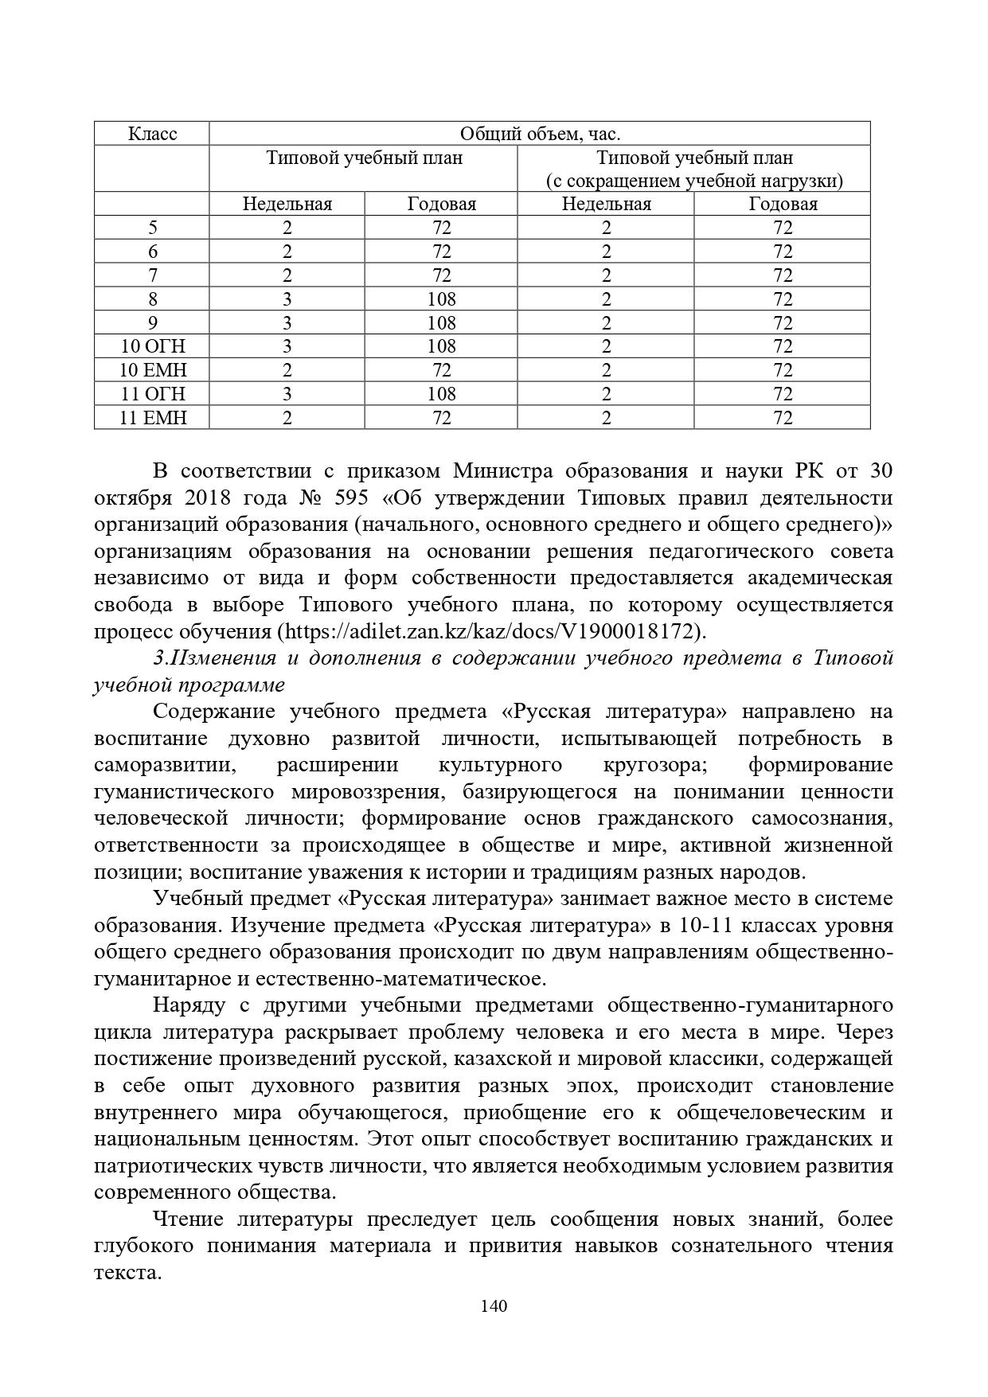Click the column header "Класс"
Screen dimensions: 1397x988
coord(152,134)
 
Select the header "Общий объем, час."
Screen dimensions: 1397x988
coord(540,134)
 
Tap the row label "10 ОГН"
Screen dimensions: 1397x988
coord(152,346)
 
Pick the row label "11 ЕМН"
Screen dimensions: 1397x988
coord(152,417)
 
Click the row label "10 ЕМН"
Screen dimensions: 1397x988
coord(152,370)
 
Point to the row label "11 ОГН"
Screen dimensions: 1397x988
coord(152,394)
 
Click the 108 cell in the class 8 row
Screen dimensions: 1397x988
coord(441,299)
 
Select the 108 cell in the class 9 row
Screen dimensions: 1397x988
coord(441,323)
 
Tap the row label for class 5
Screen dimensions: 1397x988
coord(152,228)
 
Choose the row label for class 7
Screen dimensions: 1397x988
coord(152,275)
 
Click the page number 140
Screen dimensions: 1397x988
coord(494,1305)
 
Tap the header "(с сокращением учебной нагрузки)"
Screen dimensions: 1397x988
coord(693,181)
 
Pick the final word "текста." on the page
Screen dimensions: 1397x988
coord(127,1273)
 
